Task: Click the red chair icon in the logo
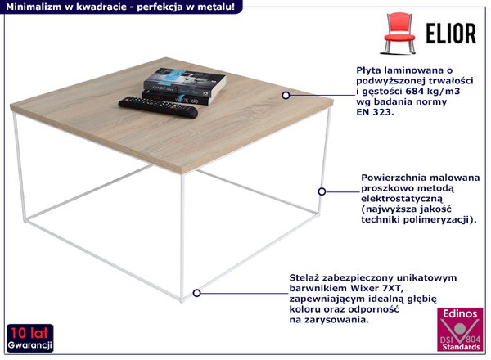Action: click(x=400, y=33)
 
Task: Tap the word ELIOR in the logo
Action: click(x=451, y=34)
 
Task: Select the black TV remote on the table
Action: click(x=158, y=107)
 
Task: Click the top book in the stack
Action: click(x=185, y=82)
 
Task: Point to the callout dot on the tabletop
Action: click(x=286, y=95)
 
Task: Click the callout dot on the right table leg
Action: click(x=322, y=191)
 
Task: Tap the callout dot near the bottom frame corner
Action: click(x=196, y=293)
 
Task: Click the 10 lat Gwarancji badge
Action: click(x=30, y=338)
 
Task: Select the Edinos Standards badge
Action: click(x=460, y=330)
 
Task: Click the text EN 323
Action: click(x=375, y=112)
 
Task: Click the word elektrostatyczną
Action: click(x=402, y=199)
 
